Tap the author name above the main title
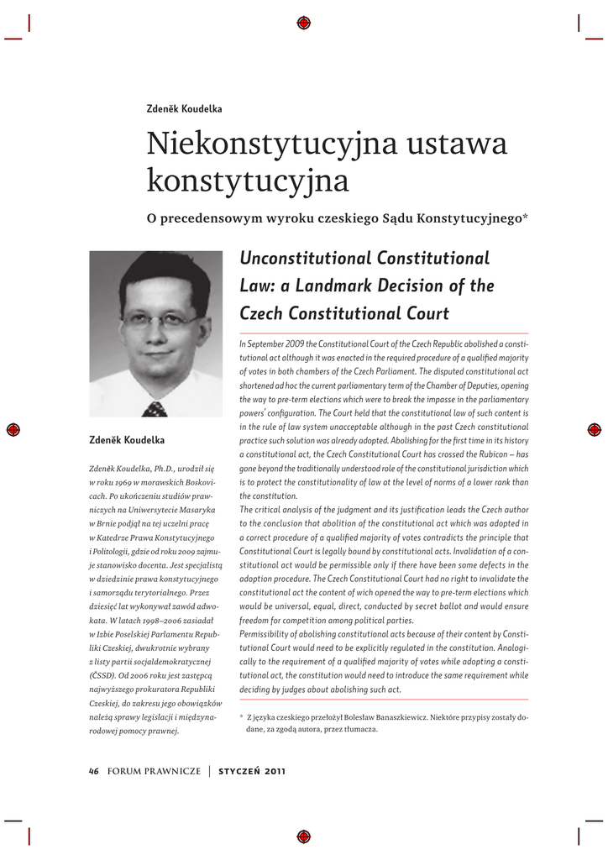click(x=184, y=109)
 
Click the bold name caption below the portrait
click(x=127, y=440)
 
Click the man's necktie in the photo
click(x=155, y=409)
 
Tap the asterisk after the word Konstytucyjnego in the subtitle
click(x=526, y=218)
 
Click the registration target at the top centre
click(x=304, y=23)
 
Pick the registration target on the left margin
click(x=14, y=429)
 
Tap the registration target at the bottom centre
click(x=304, y=836)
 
